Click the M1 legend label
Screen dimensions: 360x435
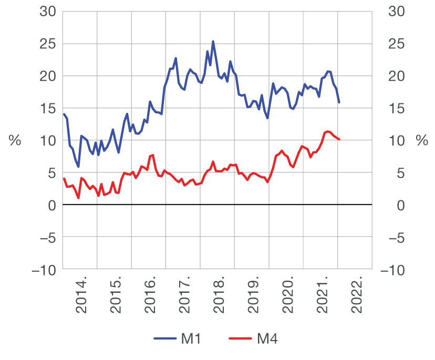tap(191, 339)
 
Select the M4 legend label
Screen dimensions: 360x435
tap(267, 339)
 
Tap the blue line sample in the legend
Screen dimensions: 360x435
tap(165, 339)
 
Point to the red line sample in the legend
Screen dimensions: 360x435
tap(241, 339)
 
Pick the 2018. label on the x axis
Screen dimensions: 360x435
tap(220, 299)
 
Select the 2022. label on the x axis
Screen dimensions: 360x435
tap(357, 299)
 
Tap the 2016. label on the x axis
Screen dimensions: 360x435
tap(151, 299)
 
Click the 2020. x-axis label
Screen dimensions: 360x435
tap(288, 299)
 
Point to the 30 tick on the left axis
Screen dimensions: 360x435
tap(48, 11)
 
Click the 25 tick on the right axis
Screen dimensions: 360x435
tap(394, 44)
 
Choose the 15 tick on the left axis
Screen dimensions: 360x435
tap(48, 108)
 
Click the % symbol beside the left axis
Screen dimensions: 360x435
tap(14, 141)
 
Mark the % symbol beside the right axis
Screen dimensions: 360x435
tap(421, 141)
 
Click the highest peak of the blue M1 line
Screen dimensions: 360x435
tap(213, 41)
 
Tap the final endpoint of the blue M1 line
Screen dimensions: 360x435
tap(339, 102)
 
